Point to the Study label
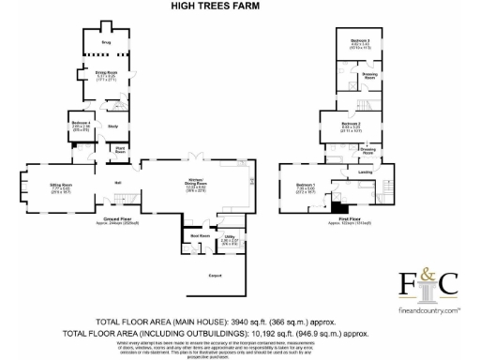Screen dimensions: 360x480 click(112, 126)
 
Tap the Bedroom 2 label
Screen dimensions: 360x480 click(351, 125)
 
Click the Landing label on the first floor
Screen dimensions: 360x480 click(364, 172)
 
